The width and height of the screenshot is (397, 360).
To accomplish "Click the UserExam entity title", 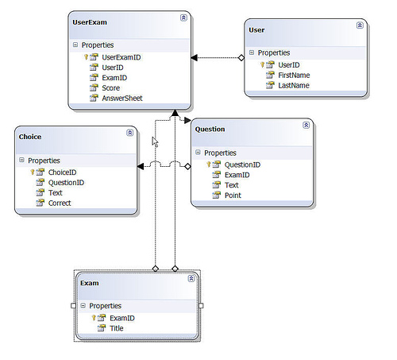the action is pos(90,22).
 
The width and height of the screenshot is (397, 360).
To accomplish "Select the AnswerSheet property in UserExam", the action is pos(122,99).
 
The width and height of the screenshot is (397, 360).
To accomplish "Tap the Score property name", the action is pos(111,88).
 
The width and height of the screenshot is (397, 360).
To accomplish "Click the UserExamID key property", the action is pos(121,57).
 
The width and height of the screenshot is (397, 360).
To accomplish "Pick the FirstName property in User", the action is pos(294,75).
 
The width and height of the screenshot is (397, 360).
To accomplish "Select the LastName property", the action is pos(294,86).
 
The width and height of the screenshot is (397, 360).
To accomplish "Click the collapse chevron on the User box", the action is pos(360,25).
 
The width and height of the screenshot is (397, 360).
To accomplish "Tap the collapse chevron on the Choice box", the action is pos(130,133).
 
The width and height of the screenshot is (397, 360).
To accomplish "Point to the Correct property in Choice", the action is pos(60,203).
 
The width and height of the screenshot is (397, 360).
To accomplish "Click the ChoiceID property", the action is pos(63,172).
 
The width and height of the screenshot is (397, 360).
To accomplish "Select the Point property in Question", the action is pos(233,195).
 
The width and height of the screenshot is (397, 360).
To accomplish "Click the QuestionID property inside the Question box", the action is pos(242,165).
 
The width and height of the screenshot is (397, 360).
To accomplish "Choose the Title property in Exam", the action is pos(117,328).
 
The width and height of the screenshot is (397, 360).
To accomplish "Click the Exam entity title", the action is pos(90,283).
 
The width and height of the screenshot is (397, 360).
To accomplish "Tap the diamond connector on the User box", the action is pos(241,57).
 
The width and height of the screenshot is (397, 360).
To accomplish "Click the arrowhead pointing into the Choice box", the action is pos(141,166).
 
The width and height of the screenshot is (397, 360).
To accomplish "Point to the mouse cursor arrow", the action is pos(155,142).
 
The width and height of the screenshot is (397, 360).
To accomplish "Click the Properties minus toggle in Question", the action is pos(198,152).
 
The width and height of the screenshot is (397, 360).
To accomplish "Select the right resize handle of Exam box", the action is pos(201,306).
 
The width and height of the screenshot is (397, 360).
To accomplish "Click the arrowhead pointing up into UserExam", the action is pos(175,113).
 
